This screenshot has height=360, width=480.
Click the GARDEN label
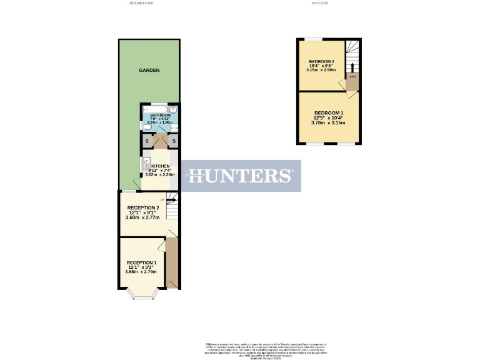(x=149, y=70)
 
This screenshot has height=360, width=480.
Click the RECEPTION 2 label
(x=143, y=207)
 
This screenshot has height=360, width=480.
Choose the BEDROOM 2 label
(x=321, y=61)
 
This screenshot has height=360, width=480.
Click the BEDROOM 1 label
(x=328, y=113)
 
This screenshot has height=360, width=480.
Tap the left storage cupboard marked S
(x=146, y=141)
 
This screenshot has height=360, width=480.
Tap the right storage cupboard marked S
(x=174, y=141)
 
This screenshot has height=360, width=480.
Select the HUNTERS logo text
(x=240, y=176)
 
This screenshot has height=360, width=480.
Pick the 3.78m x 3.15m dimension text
(x=328, y=122)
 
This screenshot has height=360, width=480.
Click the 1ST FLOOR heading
(x=319, y=3)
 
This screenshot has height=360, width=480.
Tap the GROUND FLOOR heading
(x=141, y=3)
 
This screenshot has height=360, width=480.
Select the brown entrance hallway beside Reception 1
(x=172, y=262)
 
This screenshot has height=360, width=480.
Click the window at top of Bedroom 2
(x=318, y=39)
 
